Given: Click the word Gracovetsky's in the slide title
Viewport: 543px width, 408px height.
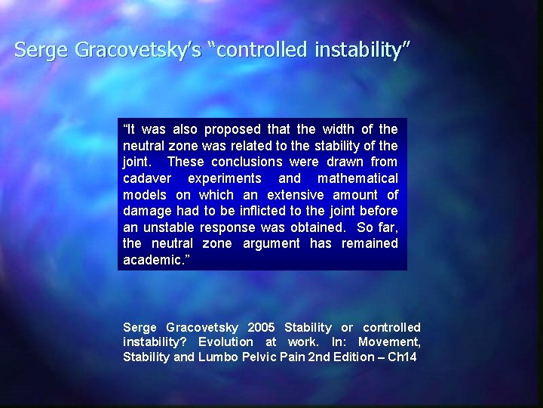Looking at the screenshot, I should [137, 51].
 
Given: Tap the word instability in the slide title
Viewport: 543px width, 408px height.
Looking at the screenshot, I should [358, 51].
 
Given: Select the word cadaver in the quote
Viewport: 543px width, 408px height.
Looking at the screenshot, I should [146, 178].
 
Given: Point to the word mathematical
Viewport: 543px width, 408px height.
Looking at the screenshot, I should [357, 178].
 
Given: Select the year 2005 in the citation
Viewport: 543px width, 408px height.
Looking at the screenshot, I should [258, 327].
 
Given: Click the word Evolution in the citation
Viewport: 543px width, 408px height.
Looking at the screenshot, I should [225, 342].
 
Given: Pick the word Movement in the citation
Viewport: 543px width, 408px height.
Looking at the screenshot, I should [389, 342].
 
